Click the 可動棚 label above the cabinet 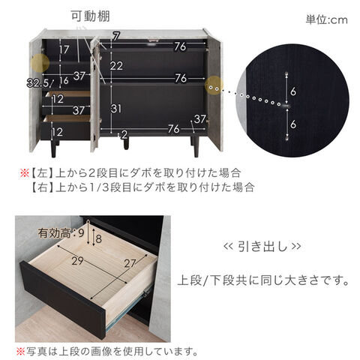point(90,16)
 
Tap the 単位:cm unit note point(326,19)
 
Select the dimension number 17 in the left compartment point(64,49)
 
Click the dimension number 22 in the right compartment point(116,66)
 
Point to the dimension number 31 point(116,109)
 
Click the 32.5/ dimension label point(40,82)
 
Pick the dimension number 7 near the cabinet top point(115,37)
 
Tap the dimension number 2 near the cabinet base point(124,135)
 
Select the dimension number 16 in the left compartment point(64,80)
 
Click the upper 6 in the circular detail point(293,91)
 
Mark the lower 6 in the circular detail point(293,124)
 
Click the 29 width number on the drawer point(77,261)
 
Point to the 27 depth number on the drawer point(130,263)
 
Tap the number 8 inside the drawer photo point(99,238)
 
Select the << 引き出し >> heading point(262,246)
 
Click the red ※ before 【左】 point(25,173)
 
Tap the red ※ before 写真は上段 point(20,352)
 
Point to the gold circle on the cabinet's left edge point(40,63)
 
